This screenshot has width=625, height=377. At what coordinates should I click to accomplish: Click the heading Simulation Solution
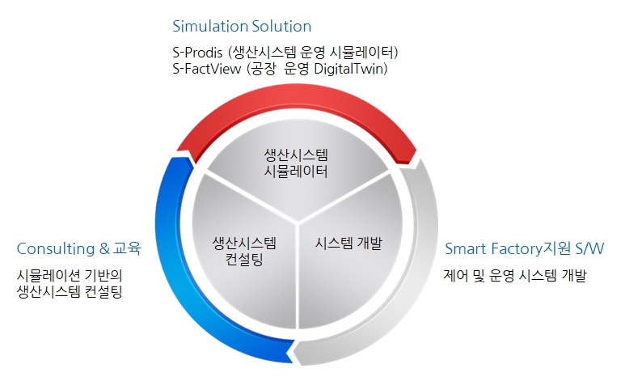pos(242,27)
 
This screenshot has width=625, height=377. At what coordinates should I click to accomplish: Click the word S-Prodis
pos(197,53)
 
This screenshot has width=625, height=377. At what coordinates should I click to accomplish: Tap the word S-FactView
pos(206,69)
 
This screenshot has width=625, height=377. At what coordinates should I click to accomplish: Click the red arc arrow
pos(297,102)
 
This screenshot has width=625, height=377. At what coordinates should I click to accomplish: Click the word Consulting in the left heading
pos(56,249)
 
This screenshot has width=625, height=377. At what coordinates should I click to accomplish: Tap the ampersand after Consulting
pos(104,248)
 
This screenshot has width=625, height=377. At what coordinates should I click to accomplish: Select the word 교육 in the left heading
pos(127,248)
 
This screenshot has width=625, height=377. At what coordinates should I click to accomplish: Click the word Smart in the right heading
pos(466,248)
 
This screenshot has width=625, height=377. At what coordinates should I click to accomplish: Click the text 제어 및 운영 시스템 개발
pos(515,275)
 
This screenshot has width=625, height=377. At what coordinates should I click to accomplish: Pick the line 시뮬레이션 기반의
pos(70,275)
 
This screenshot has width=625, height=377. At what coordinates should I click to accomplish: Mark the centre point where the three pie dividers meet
pos(298,222)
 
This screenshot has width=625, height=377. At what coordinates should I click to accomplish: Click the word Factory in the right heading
pos(517,249)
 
